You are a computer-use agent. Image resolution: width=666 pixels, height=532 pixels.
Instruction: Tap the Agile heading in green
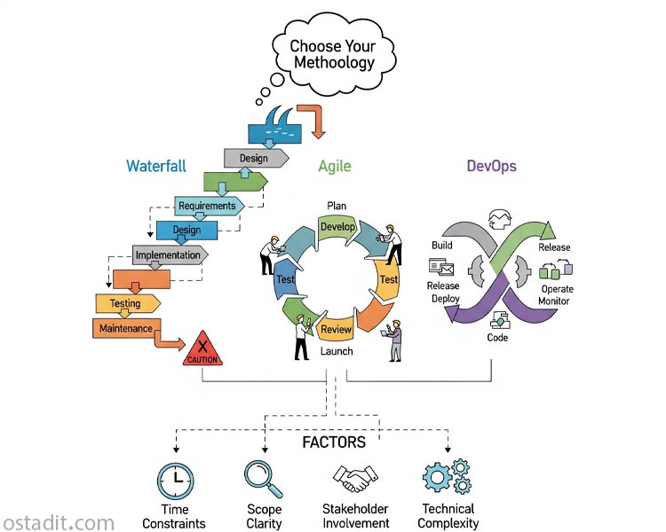coord(335,166)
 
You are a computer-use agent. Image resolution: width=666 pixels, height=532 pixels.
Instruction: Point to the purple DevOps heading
coord(491,166)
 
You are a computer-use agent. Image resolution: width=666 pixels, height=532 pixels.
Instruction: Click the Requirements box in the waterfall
coord(208,206)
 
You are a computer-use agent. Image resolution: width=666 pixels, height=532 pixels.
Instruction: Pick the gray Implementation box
coord(168,255)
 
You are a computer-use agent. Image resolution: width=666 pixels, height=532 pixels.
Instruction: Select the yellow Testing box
coord(126,303)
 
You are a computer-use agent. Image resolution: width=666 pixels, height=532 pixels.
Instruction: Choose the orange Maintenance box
coord(123,328)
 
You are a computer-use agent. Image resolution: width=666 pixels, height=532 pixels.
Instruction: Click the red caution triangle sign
coord(202,349)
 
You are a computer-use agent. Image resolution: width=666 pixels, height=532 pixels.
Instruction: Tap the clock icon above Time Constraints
coord(175,480)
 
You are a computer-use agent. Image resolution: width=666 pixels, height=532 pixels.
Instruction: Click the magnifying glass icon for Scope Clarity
coord(263,479)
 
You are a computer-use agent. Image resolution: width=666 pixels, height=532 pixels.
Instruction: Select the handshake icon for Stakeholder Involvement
coord(355,480)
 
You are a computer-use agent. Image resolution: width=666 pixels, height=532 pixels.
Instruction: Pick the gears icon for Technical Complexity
coord(446,478)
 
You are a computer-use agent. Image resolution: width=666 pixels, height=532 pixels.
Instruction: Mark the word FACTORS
coord(333,442)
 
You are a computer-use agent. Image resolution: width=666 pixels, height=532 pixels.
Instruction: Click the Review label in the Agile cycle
coord(336,330)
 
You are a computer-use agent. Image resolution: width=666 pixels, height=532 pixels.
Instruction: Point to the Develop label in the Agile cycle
coord(337,227)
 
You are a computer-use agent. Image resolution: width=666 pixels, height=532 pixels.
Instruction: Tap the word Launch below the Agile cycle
coord(337,351)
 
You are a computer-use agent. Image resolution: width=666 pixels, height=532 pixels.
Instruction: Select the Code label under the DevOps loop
coord(497,338)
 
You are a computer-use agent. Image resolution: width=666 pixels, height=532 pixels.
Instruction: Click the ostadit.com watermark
coord(58,522)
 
